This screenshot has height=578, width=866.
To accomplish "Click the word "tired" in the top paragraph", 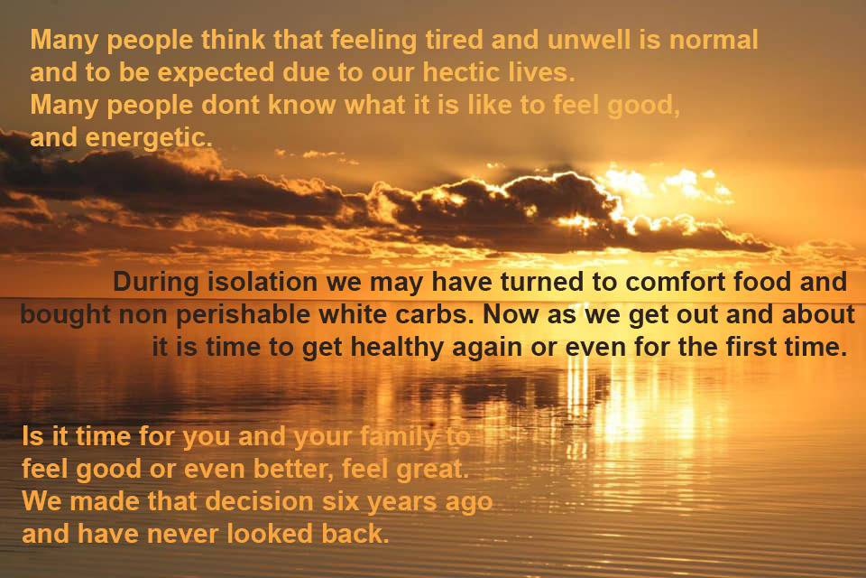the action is tap(455, 40).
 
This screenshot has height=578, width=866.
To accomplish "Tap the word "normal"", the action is tap(714, 40).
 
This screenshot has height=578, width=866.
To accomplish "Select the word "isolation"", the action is tap(263, 282).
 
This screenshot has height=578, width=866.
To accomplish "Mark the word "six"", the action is tap(341, 501).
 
